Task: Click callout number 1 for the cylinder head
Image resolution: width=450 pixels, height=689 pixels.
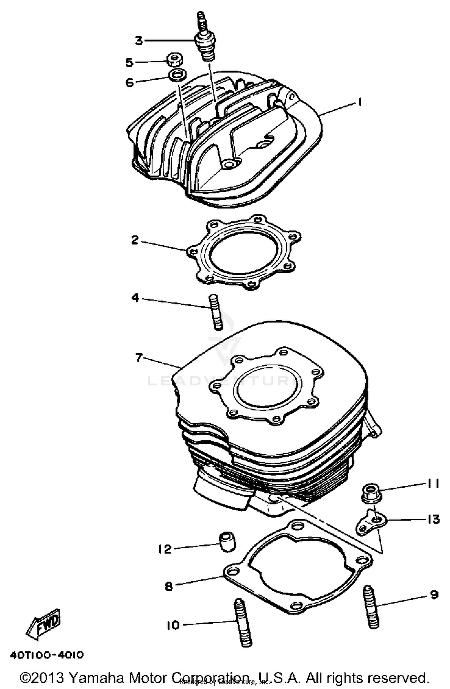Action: (x=359, y=103)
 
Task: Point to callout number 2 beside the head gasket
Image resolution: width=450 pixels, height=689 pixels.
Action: (x=135, y=240)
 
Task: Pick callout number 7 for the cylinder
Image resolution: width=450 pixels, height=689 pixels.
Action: (x=138, y=358)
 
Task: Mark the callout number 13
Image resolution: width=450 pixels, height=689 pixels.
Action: (x=433, y=519)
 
